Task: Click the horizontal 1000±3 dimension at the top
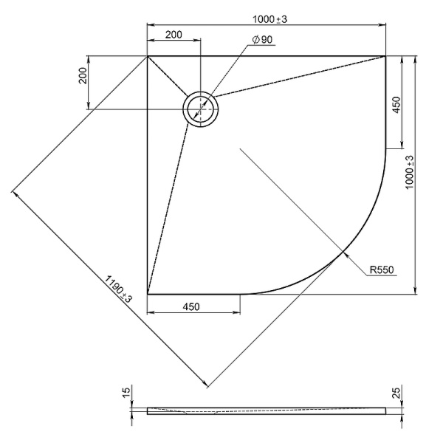[x=269, y=19]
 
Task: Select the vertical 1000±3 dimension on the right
[x=410, y=172]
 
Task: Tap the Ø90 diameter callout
[x=262, y=40]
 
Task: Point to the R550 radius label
[x=382, y=270]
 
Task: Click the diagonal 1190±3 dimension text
[x=119, y=289]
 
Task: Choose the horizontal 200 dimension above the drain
[x=174, y=35]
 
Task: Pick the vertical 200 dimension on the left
[x=83, y=75]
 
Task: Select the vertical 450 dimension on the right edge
[x=396, y=105]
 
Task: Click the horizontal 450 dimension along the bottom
[x=191, y=307]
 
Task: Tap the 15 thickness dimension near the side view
[x=126, y=392]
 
